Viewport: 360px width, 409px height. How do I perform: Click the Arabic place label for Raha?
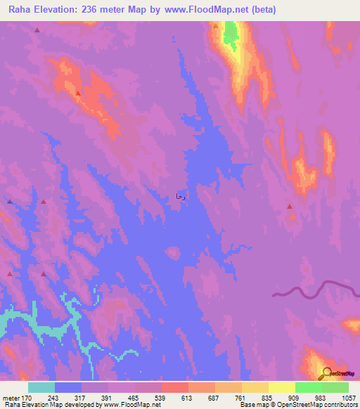click(180, 197)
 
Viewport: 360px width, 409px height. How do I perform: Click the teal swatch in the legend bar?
click(41, 387)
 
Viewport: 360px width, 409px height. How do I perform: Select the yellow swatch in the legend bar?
click(282, 387)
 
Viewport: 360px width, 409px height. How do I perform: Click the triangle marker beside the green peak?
click(216, 26)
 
